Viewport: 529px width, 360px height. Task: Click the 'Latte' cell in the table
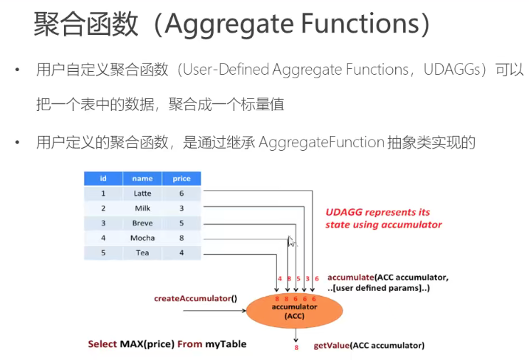pyautogui.click(x=142, y=193)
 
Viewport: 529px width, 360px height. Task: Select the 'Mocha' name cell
pyautogui.click(x=142, y=238)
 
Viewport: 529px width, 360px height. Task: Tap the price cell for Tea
pyautogui.click(x=182, y=253)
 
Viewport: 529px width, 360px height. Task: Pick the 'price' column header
pyautogui.click(x=182, y=178)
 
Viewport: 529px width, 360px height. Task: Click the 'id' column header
pyautogui.click(x=103, y=178)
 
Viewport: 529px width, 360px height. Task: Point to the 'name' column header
pyautogui.click(x=142, y=178)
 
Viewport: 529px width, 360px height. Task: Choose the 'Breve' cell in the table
pyautogui.click(x=142, y=223)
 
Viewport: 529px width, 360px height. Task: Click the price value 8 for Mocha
pyautogui.click(x=182, y=238)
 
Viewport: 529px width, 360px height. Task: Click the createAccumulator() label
pyautogui.click(x=195, y=298)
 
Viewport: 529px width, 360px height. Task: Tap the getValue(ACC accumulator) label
pyautogui.click(x=369, y=346)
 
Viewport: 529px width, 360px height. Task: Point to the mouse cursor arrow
pyautogui.click(x=290, y=240)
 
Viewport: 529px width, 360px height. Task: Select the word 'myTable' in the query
pyautogui.click(x=226, y=344)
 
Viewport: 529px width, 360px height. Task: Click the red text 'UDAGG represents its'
pyautogui.click(x=377, y=212)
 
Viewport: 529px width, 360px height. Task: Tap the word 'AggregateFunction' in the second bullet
pyautogui.click(x=322, y=142)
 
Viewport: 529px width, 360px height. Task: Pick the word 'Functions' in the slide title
pyautogui.click(x=360, y=24)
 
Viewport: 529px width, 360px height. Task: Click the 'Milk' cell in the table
pyautogui.click(x=142, y=208)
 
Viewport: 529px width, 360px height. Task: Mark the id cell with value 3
pyautogui.click(x=103, y=223)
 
